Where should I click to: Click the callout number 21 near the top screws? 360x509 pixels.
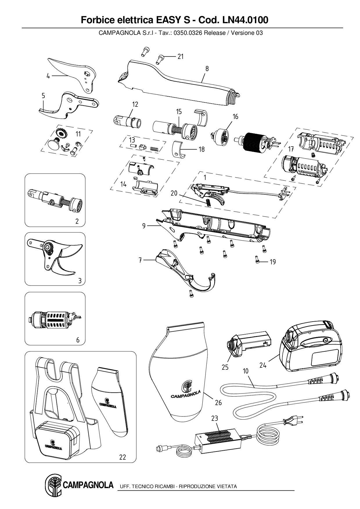[181, 56]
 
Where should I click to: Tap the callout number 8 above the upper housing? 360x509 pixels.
[207, 69]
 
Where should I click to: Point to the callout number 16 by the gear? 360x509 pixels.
[235, 116]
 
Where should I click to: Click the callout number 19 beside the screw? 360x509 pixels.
[273, 262]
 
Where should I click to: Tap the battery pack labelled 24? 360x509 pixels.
[311, 348]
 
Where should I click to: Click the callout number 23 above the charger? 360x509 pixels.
[215, 418]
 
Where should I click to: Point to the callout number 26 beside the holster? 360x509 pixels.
[218, 402]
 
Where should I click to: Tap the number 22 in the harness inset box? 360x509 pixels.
[123, 457]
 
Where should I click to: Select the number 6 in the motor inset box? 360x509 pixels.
[78, 340]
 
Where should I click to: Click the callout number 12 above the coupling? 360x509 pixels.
[135, 104]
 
